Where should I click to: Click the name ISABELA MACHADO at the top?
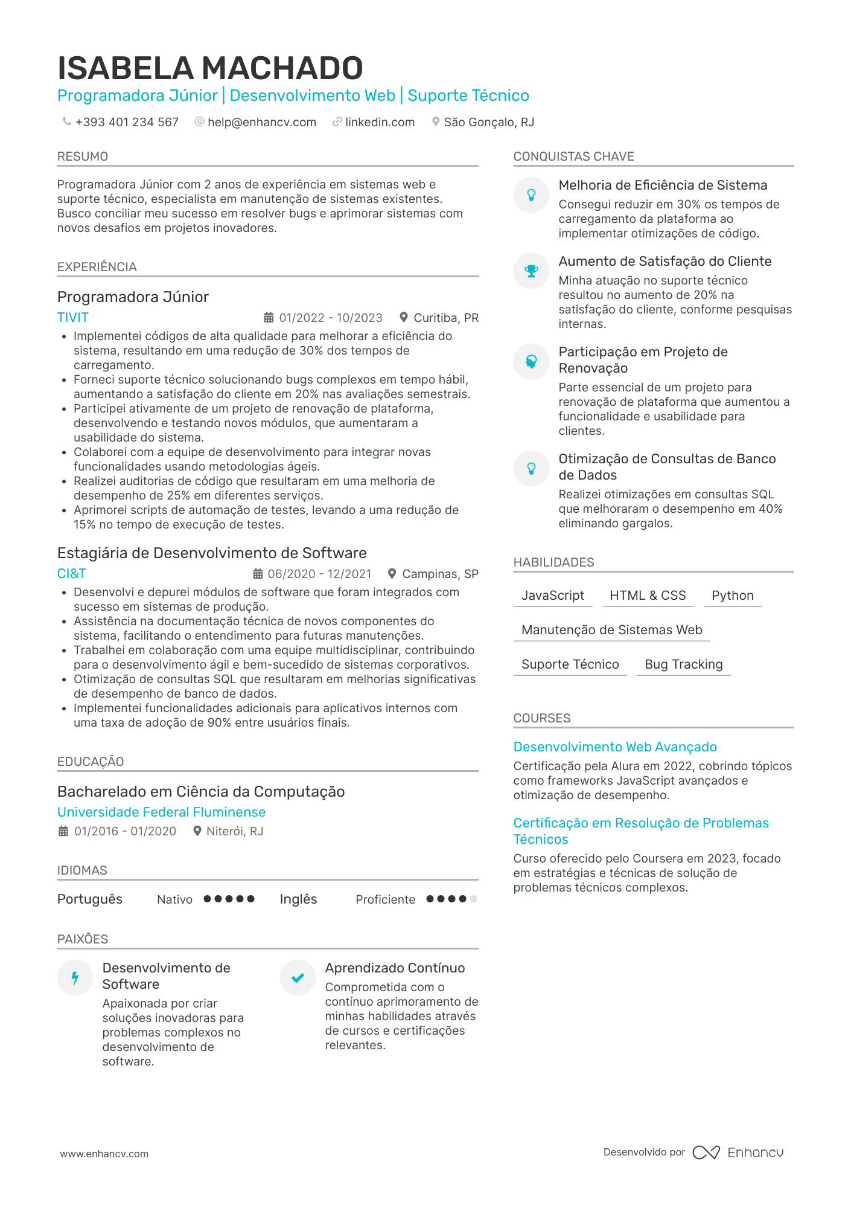[x=210, y=68]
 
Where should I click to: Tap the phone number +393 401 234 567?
[x=127, y=122]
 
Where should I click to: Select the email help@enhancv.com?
[x=261, y=122]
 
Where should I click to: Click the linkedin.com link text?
[x=380, y=122]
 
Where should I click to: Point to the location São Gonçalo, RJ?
[x=489, y=122]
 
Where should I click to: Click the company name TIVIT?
[x=73, y=318]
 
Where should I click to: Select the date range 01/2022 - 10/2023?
[x=330, y=318]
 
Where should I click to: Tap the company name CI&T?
[x=72, y=574]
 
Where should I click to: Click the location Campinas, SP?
[x=440, y=574]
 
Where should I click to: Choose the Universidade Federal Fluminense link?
[x=161, y=812]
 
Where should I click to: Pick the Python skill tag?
[x=732, y=596]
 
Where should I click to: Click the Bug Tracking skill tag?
[x=683, y=664]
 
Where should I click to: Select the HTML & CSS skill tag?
[x=648, y=596]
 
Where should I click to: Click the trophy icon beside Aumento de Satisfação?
[x=531, y=271]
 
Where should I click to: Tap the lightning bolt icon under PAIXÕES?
[x=75, y=977]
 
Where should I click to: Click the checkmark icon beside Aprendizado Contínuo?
[x=298, y=977]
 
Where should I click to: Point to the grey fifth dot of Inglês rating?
[x=473, y=899]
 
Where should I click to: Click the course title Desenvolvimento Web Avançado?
[x=615, y=747]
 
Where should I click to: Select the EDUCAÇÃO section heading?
[x=91, y=762]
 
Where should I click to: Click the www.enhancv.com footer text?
[x=104, y=1154]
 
